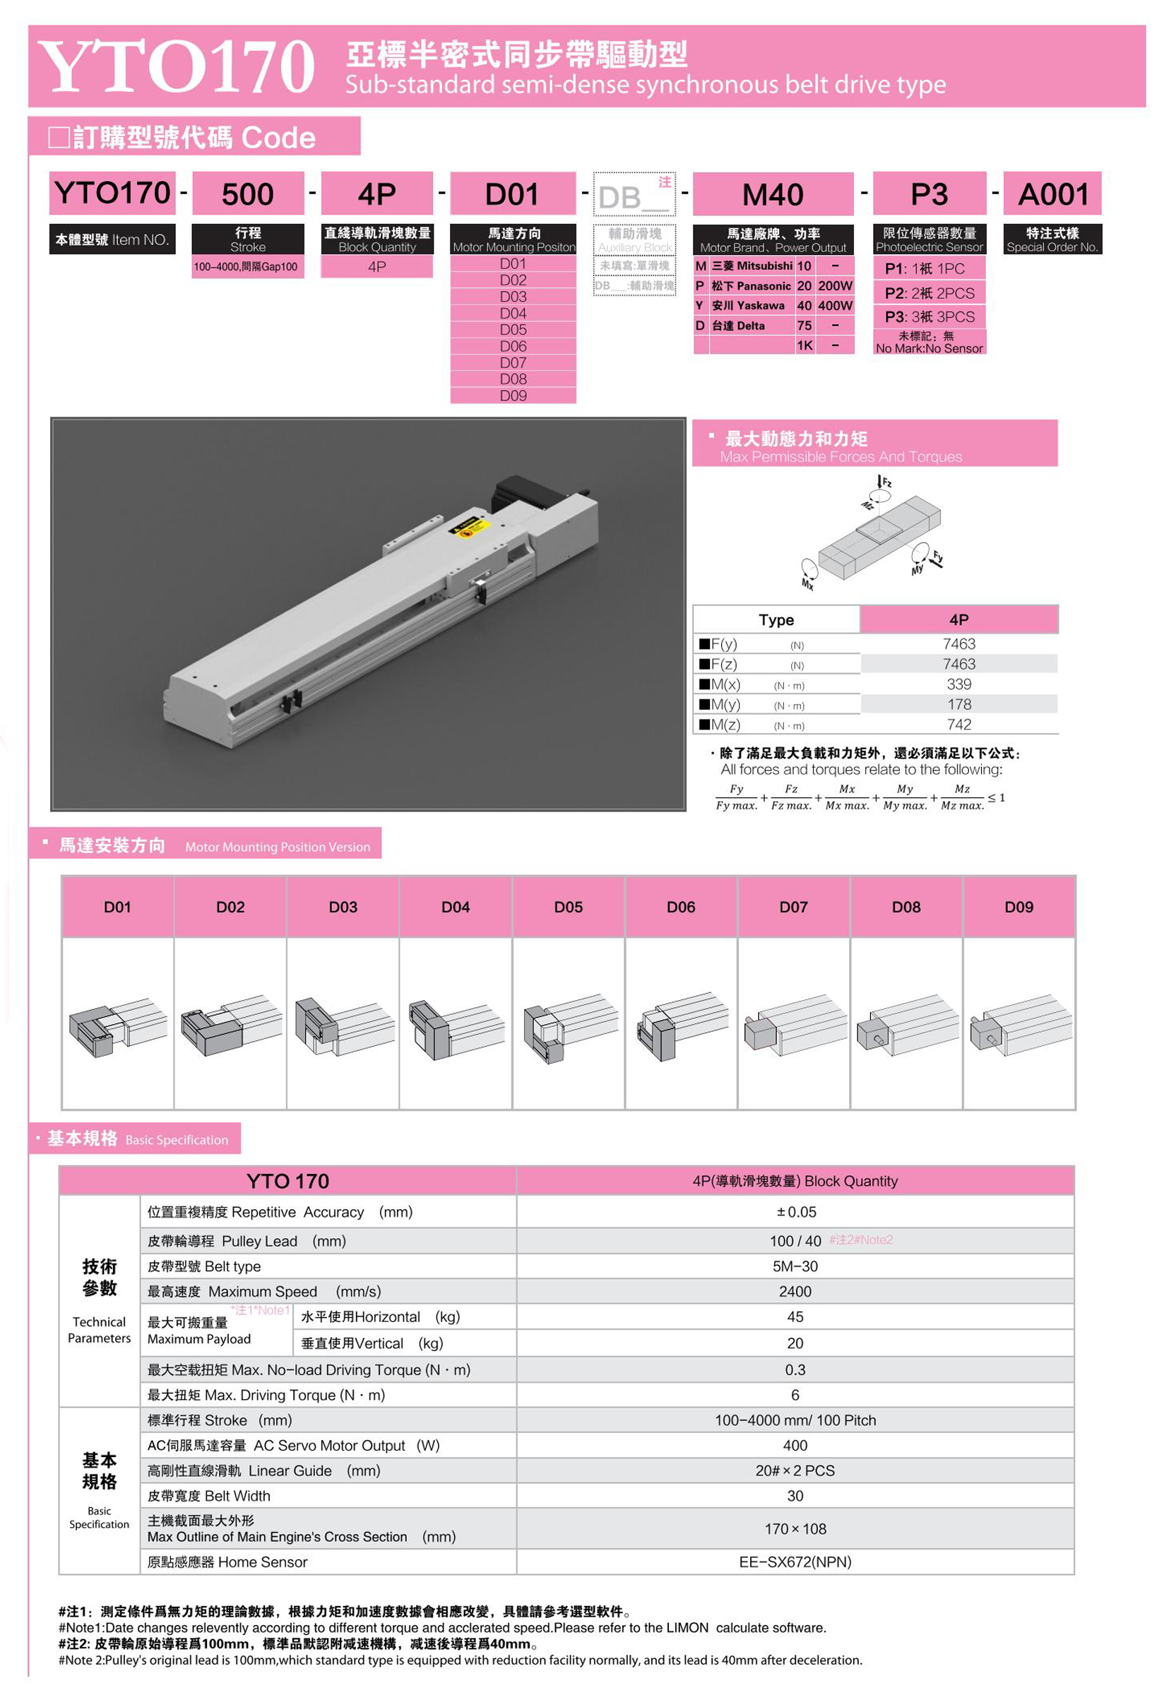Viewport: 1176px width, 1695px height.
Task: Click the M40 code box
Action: pos(772,194)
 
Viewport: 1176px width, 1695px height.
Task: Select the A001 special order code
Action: pos(1052,194)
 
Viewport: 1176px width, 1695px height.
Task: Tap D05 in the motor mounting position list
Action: pos(513,329)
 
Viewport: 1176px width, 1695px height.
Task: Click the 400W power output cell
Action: pos(835,306)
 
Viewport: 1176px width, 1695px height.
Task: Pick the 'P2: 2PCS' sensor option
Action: pos(929,293)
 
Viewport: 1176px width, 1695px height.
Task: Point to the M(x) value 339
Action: pos(958,684)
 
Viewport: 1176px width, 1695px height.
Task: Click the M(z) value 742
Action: pos(958,725)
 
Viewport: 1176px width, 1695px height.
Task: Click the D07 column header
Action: pos(794,907)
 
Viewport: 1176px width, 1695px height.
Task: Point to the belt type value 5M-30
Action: pos(795,1266)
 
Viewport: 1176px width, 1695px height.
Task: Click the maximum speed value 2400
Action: pos(795,1291)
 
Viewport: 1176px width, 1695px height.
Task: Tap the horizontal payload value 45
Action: pos(795,1317)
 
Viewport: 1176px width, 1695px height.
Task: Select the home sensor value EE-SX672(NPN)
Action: pos(795,1562)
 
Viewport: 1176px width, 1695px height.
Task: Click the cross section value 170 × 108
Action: pos(795,1528)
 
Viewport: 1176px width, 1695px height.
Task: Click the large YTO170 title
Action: pos(177,66)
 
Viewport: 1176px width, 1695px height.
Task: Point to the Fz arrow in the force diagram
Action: pos(880,482)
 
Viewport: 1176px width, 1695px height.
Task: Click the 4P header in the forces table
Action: pos(958,620)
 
